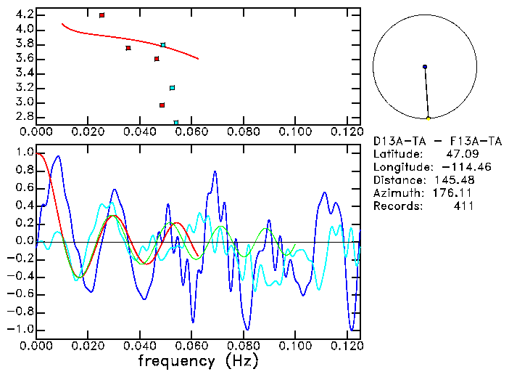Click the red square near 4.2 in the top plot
click(102, 15)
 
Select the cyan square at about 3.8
click(163, 45)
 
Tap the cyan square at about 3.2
click(172, 88)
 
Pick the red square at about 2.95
click(162, 105)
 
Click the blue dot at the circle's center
click(425, 67)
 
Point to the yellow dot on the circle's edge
click(429, 118)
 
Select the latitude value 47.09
click(458, 154)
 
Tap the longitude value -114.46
click(448, 167)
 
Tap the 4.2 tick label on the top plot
click(24, 15)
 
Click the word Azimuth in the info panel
click(396, 193)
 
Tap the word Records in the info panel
click(396, 206)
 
